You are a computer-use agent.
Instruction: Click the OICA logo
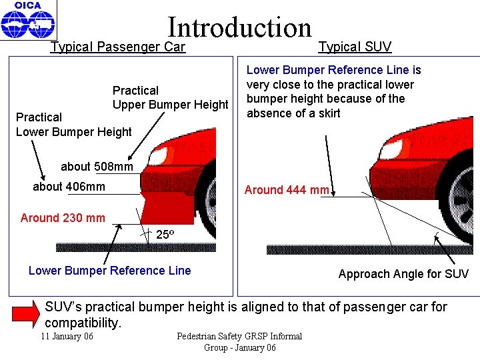28,20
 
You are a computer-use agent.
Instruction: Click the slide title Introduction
240,27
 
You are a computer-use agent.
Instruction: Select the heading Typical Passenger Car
118,47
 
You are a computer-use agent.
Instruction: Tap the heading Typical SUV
355,47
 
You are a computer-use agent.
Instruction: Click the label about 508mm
97,166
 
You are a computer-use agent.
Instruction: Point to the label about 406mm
69,187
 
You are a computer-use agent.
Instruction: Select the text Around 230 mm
63,217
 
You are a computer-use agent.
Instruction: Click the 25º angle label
165,235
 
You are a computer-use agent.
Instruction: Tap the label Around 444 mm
287,190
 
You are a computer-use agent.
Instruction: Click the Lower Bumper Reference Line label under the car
109,271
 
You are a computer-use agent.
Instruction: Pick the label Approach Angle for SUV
403,274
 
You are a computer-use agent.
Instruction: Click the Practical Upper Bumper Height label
170,97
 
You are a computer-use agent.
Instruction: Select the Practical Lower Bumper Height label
73,125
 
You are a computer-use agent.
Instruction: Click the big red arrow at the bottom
27,313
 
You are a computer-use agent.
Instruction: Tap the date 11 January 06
67,336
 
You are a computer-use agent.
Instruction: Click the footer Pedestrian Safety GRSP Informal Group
239,341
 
